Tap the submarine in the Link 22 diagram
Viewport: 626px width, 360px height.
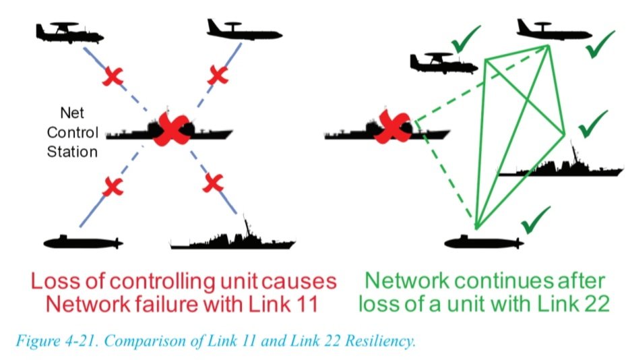click(482, 241)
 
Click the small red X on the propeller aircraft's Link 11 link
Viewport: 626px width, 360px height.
click(113, 78)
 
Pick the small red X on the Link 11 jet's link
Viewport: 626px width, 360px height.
click(217, 75)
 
